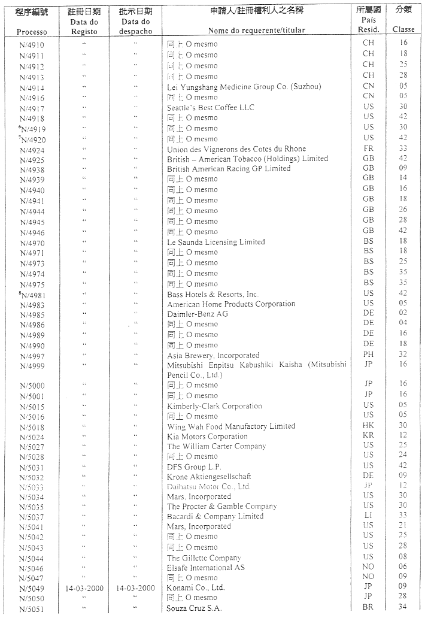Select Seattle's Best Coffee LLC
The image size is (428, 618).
point(210,108)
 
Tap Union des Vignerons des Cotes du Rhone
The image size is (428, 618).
point(236,149)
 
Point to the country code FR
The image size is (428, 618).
point(368,149)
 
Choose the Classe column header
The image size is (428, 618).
point(403,29)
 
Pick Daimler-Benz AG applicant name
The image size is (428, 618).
point(198,314)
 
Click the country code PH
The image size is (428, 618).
point(368,355)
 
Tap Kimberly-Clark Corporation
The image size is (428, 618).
point(214,406)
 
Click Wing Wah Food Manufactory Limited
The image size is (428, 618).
point(231,426)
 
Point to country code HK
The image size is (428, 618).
point(368,426)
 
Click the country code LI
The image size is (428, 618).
point(368,516)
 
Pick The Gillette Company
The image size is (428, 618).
point(204,558)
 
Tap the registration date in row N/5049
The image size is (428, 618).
point(84,588)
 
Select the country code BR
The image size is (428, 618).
point(368,607)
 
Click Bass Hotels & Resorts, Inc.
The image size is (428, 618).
point(213,294)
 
